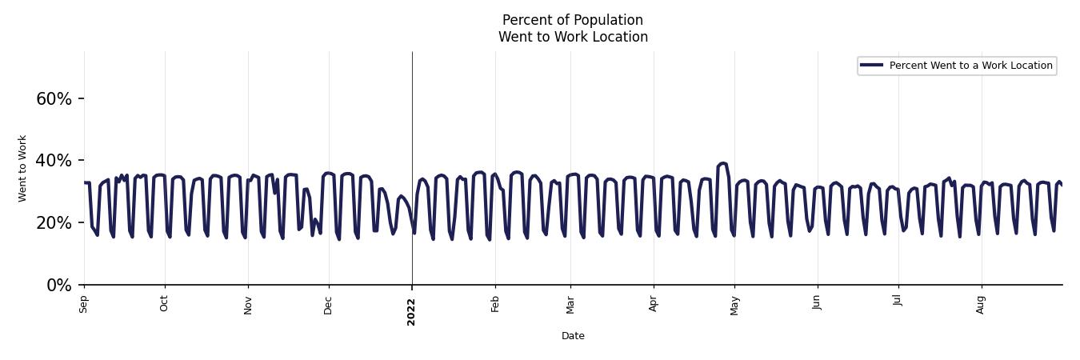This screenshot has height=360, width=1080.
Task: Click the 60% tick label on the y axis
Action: [x=54, y=99]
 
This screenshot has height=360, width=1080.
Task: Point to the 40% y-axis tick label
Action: [x=54, y=161]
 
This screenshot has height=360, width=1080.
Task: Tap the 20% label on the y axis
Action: [x=54, y=223]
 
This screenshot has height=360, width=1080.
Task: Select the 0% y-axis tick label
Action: [x=59, y=286]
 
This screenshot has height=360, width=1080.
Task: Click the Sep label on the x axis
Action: [x=84, y=304]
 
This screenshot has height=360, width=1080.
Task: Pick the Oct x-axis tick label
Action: [x=165, y=304]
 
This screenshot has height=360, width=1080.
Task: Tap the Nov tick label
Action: [x=248, y=305]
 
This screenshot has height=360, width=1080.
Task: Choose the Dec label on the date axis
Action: [x=329, y=305]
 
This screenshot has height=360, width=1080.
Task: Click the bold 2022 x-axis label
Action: [x=412, y=311]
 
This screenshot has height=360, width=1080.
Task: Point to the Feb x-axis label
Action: [x=495, y=304]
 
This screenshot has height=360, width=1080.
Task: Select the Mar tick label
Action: [x=570, y=304]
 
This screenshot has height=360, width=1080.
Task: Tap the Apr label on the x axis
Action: [x=654, y=304]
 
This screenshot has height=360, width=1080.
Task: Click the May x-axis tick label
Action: [x=734, y=305]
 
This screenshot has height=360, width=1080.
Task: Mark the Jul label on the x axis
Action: [x=898, y=302]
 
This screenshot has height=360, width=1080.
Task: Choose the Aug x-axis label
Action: [x=982, y=304]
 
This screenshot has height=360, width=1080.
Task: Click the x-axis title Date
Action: [x=573, y=336]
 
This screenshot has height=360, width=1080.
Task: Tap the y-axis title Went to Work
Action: [x=22, y=168]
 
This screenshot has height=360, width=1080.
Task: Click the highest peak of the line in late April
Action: [x=722, y=163]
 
